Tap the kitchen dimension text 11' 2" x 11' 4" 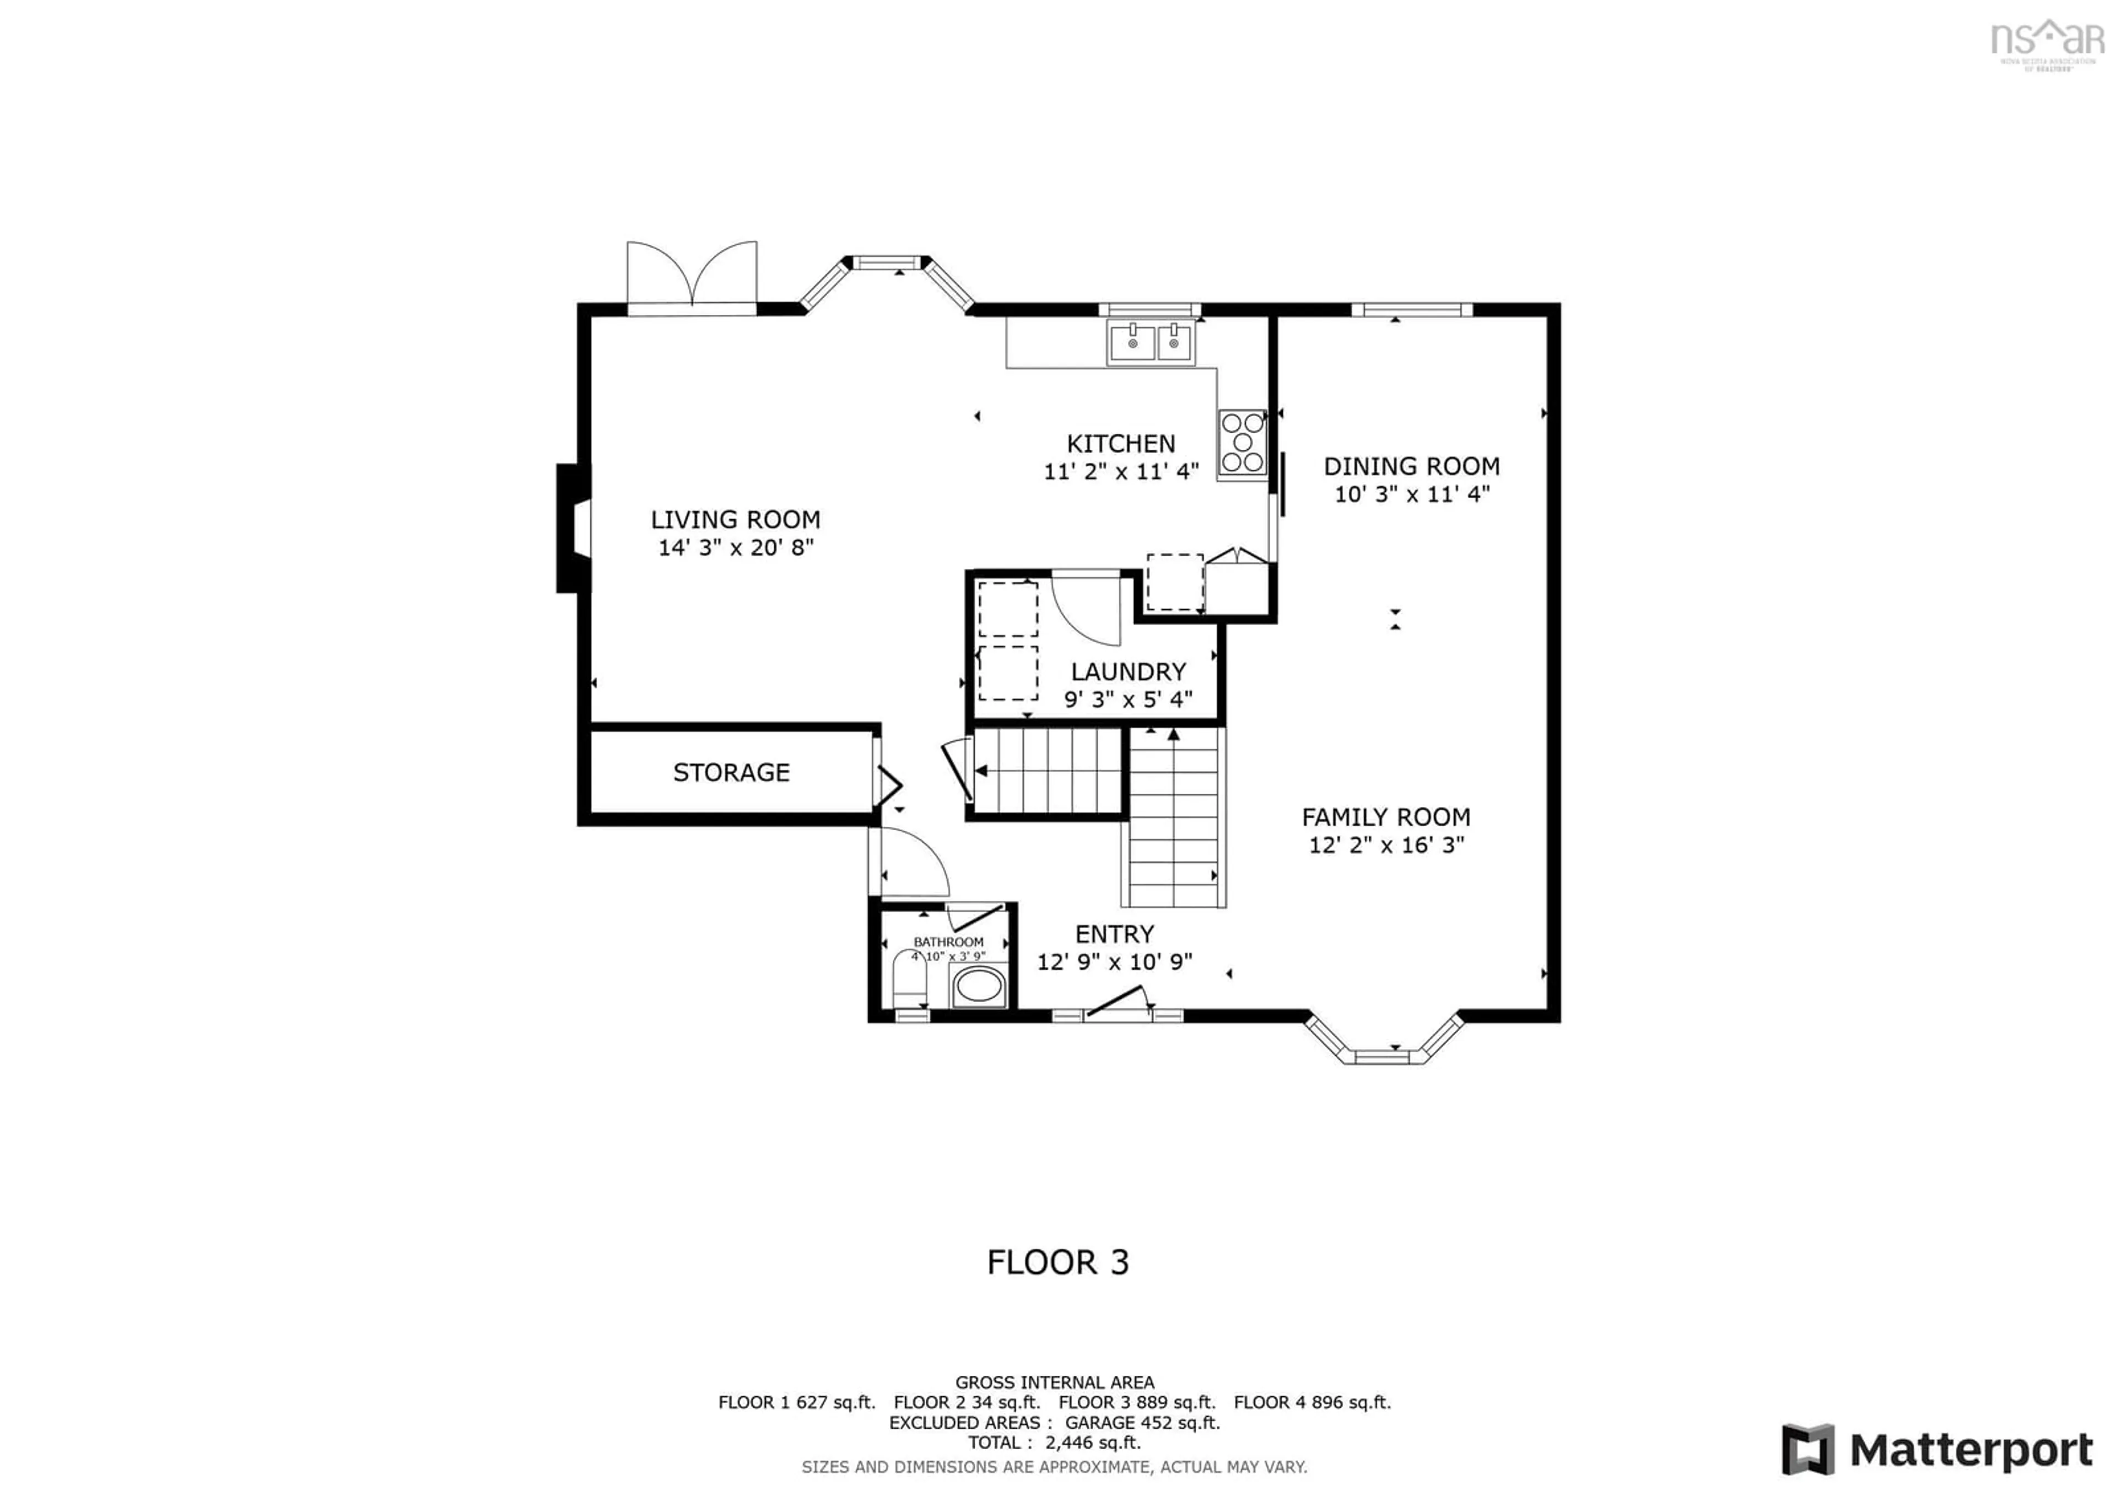[x=1121, y=472]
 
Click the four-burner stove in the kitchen [x=1241, y=443]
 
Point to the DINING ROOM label [x=1411, y=466]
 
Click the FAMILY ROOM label [x=1385, y=817]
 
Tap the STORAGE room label [x=731, y=772]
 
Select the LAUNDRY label [x=1128, y=672]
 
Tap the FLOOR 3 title [x=1057, y=1262]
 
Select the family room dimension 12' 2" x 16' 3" [x=1385, y=845]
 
